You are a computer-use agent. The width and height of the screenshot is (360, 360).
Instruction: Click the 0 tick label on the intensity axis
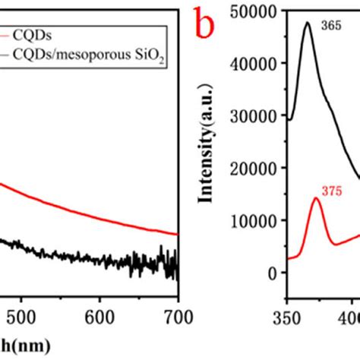pyautogui.click(x=273, y=273)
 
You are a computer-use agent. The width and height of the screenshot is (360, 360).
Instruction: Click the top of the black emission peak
pyautogui.click(x=307, y=23)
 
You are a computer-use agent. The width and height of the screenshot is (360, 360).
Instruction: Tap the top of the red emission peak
pyautogui.click(x=316, y=199)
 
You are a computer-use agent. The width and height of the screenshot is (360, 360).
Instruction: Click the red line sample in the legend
pyautogui.click(x=4, y=33)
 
